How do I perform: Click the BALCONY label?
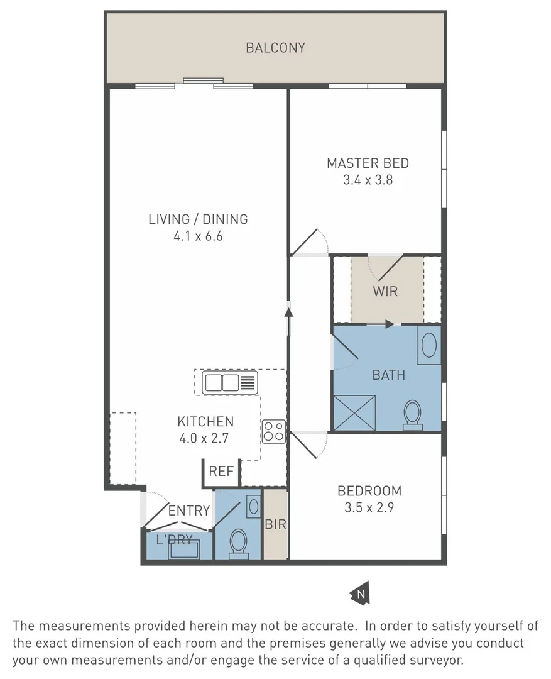pos(275,48)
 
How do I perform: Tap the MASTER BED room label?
pos(368,163)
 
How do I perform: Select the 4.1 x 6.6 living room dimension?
pos(198,236)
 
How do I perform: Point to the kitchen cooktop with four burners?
pos(274,431)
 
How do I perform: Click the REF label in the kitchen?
pos(221,472)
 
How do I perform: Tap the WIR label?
pos(385,292)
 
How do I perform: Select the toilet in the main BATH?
pos(412,415)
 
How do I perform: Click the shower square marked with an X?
pos(354,412)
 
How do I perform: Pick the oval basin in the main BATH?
pos(428,345)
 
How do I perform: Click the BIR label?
pos(275,524)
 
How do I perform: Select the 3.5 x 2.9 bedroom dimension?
pos(369,508)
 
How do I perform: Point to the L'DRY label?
pos(174,539)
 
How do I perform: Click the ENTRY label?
pos(188,511)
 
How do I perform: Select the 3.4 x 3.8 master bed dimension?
pos(368,180)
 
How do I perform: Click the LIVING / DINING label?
pos(198,219)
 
